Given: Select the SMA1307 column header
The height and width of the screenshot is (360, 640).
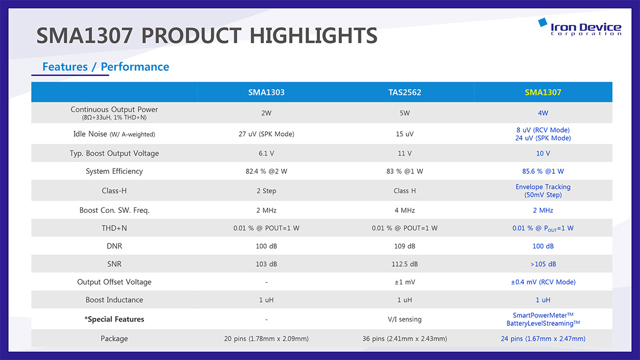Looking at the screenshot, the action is pyautogui.click(x=543, y=92).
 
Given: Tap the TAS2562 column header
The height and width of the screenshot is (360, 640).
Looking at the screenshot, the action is pyautogui.click(x=405, y=92).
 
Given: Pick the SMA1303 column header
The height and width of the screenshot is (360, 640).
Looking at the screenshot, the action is pyautogui.click(x=266, y=92).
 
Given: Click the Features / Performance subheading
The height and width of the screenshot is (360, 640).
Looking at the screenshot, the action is pyautogui.click(x=106, y=67).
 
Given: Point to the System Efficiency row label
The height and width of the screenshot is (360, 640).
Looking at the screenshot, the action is pyautogui.click(x=114, y=171).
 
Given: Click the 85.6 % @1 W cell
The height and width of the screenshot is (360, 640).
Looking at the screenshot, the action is pyautogui.click(x=543, y=171).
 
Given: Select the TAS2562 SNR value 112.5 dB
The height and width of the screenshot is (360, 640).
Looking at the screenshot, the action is pyautogui.click(x=405, y=264).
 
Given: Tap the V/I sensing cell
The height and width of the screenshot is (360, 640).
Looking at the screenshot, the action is pyautogui.click(x=405, y=319).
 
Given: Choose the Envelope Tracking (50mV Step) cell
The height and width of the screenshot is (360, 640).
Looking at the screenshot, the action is pyautogui.click(x=543, y=190).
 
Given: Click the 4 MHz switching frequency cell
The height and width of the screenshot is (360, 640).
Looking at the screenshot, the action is pyautogui.click(x=405, y=210).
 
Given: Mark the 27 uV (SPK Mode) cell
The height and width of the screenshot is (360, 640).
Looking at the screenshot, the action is pyautogui.click(x=266, y=134).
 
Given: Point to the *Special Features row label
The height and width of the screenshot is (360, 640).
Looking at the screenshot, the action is pyautogui.click(x=114, y=319).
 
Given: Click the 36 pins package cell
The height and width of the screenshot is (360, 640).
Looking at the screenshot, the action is pyautogui.click(x=405, y=339).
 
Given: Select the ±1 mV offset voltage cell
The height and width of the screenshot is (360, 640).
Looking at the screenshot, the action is pyautogui.click(x=405, y=282).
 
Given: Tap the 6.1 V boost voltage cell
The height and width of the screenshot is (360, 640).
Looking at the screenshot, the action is pyautogui.click(x=266, y=154).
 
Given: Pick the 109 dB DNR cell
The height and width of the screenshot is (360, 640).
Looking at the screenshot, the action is pyautogui.click(x=405, y=246).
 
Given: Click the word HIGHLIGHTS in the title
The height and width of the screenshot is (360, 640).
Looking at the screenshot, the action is pyautogui.click(x=314, y=35).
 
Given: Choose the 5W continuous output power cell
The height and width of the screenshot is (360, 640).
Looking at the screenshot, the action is pyautogui.click(x=405, y=113).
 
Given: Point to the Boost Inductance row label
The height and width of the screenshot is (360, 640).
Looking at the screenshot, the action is pyautogui.click(x=114, y=300).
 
